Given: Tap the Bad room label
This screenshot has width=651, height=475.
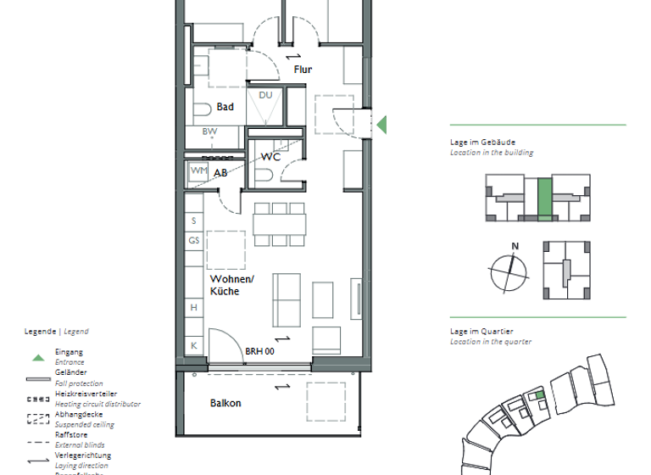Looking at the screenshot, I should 225,107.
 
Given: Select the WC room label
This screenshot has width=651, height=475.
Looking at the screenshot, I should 270,157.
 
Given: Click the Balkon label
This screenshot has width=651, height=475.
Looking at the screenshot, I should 225,403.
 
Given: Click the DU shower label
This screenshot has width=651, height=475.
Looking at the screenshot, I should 265,95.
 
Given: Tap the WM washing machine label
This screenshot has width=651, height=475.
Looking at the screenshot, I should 198,170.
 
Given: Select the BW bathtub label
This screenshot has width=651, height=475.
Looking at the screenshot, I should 209,131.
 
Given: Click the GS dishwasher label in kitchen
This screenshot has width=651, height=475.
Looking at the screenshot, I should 194,240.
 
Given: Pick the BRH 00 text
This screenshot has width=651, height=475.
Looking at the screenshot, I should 260,350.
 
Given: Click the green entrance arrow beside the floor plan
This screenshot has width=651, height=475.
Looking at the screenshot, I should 381,125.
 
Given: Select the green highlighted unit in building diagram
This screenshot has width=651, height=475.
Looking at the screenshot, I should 543,200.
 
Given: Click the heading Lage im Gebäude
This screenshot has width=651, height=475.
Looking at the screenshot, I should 482,142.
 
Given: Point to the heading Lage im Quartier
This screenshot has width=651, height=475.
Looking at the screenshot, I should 482,332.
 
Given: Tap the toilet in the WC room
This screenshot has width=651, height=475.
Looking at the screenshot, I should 264,174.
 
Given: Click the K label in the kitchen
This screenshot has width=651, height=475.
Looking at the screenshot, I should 193,345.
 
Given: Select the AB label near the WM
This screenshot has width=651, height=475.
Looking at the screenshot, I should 220,172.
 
